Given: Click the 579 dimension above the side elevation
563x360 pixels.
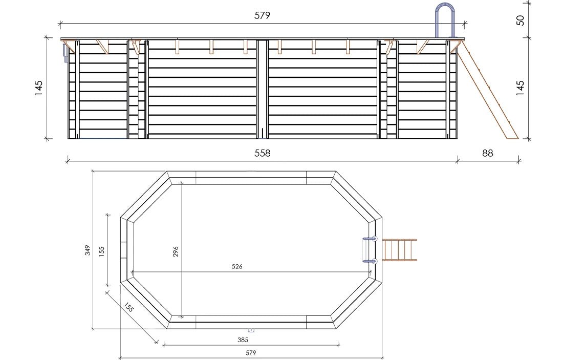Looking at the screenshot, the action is tap(262, 15).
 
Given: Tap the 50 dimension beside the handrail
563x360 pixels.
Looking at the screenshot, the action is tap(521, 20).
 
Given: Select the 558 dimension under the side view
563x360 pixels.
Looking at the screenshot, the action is tap(262, 153).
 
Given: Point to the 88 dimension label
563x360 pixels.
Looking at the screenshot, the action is tap(487, 153).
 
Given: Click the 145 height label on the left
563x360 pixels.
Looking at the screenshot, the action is tap(38, 88).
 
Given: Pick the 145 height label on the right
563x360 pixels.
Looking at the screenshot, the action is tap(521, 88).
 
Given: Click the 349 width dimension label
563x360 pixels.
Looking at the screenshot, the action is tap(88, 250).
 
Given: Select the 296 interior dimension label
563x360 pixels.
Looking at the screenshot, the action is tap(176, 251).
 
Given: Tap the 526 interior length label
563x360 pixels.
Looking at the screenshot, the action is tap(237, 267).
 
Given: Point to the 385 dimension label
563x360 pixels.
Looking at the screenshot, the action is tap(243, 340).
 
